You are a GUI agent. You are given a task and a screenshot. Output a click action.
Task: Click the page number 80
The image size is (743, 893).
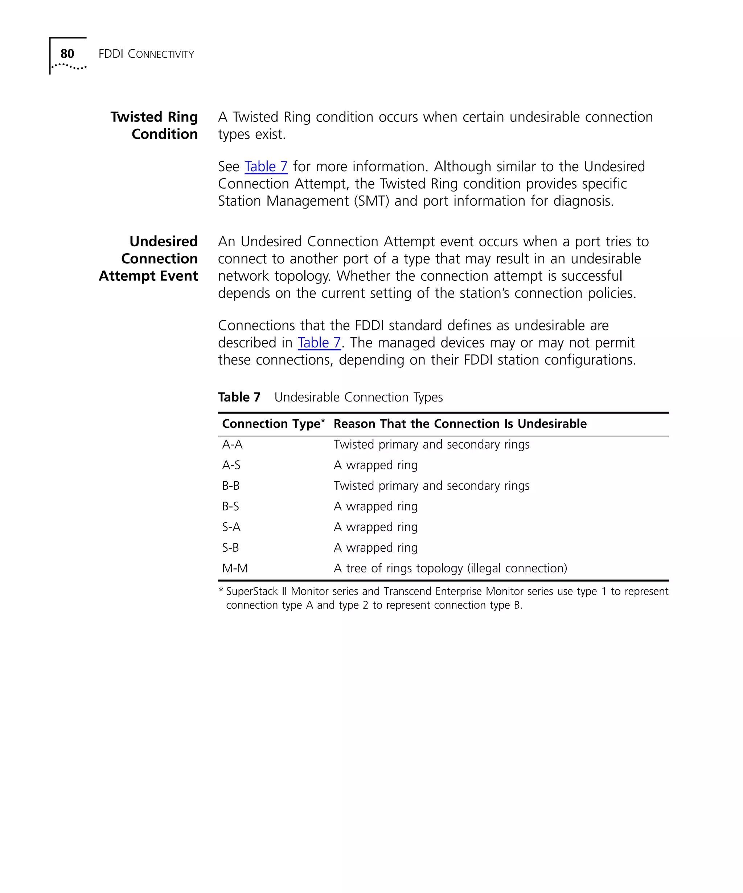click(x=67, y=54)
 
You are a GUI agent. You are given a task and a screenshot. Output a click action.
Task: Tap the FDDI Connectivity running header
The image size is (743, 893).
click(x=146, y=54)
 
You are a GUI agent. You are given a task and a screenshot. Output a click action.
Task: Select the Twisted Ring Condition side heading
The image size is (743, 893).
click(x=154, y=125)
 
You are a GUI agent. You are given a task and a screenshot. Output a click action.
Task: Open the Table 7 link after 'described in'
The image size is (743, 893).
click(x=319, y=342)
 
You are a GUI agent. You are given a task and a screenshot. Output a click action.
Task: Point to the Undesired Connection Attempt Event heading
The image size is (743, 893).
click(x=148, y=259)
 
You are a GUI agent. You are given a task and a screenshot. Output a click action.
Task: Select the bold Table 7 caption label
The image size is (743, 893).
click(x=239, y=397)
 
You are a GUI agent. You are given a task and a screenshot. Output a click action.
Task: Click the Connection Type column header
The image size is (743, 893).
click(x=272, y=424)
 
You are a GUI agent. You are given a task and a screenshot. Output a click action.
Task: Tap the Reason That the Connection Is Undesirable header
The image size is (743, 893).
click(x=460, y=424)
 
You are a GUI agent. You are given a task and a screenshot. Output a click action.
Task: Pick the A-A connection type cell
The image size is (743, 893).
click(x=232, y=444)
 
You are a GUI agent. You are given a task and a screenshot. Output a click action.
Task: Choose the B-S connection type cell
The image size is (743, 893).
click(x=230, y=506)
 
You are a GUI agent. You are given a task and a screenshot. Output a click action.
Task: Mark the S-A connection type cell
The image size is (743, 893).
click(x=231, y=527)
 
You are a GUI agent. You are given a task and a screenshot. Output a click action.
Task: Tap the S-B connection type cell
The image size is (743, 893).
click(x=230, y=547)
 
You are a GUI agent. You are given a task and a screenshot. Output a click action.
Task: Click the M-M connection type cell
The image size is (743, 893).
click(x=235, y=568)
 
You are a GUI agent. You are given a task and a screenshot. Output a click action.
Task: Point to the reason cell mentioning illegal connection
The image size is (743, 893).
click(x=450, y=568)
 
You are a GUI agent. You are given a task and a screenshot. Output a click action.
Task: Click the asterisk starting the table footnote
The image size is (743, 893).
click(x=221, y=590)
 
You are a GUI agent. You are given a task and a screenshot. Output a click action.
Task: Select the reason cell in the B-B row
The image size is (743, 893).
click(x=431, y=486)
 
